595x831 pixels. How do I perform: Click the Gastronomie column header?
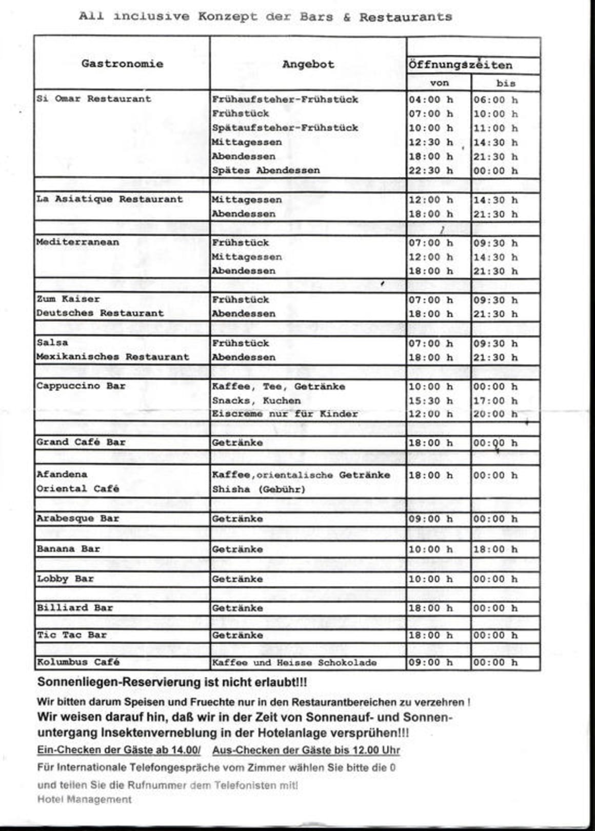click(122, 64)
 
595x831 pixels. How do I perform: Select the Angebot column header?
click(308, 64)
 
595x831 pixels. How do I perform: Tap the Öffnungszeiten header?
click(460, 65)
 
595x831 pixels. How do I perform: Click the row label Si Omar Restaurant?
click(94, 98)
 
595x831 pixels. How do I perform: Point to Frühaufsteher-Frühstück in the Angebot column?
click(285, 100)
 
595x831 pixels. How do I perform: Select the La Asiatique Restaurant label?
click(109, 199)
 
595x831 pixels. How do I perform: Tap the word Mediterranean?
click(77, 242)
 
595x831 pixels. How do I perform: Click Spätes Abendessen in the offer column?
click(266, 170)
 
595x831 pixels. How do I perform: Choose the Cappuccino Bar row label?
click(81, 386)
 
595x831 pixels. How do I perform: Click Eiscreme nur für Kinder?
click(285, 413)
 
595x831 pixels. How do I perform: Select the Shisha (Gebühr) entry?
click(259, 489)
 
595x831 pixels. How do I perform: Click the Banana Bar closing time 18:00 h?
click(495, 549)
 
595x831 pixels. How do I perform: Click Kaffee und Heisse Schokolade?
click(294, 662)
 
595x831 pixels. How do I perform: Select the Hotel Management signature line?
click(84, 799)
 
